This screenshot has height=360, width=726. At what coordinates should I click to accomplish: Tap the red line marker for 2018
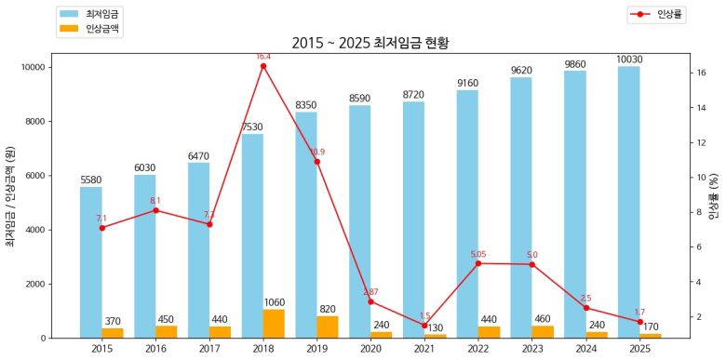[x=263, y=66]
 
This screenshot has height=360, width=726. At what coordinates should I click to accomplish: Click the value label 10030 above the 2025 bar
[x=629, y=60]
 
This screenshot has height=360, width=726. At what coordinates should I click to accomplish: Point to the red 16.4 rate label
[x=263, y=57]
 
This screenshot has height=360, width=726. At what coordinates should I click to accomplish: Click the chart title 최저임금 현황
[x=364, y=43]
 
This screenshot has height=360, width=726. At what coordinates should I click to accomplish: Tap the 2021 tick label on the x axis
[x=424, y=349]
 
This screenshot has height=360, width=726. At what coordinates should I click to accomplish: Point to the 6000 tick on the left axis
[x=33, y=176]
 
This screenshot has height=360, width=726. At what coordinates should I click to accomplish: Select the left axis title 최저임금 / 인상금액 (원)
[x=10, y=197]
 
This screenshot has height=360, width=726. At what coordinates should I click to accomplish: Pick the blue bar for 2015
[x=91, y=251]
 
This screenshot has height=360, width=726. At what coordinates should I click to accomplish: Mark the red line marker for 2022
[x=478, y=263]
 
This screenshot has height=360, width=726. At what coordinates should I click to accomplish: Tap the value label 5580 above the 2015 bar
[x=91, y=180]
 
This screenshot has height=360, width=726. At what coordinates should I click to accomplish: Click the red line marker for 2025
[x=639, y=321]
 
